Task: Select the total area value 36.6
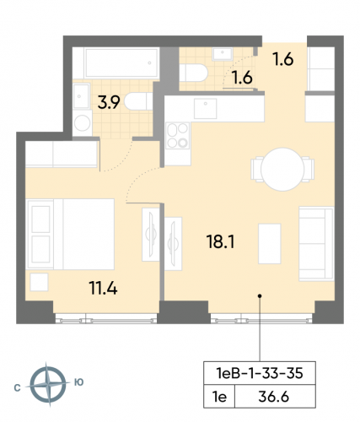pyautogui.click(x=278, y=394)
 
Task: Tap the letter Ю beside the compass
pyautogui.click(x=79, y=383)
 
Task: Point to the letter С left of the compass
pyautogui.click(x=18, y=384)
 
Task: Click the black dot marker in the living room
pyautogui.click(x=261, y=296)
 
